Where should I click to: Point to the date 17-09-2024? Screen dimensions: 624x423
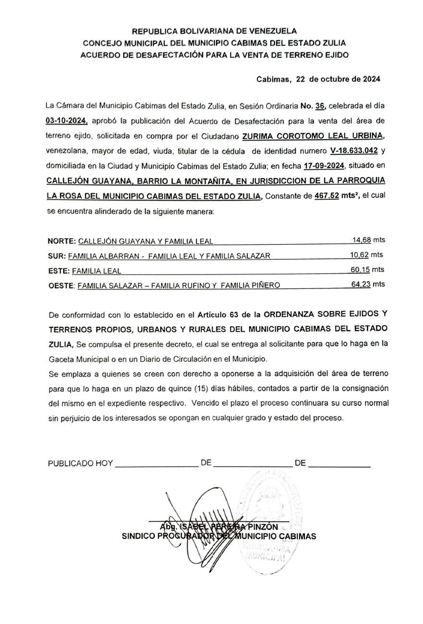click(x=325, y=166)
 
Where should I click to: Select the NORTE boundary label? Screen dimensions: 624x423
click(x=61, y=241)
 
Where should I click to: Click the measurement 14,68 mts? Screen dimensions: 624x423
click(x=368, y=240)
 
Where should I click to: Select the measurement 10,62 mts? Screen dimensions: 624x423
click(x=367, y=255)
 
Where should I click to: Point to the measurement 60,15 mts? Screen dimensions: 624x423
click(x=368, y=270)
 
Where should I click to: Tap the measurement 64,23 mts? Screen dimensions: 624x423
click(x=368, y=285)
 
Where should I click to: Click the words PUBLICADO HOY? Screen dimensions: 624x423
click(x=80, y=463)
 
